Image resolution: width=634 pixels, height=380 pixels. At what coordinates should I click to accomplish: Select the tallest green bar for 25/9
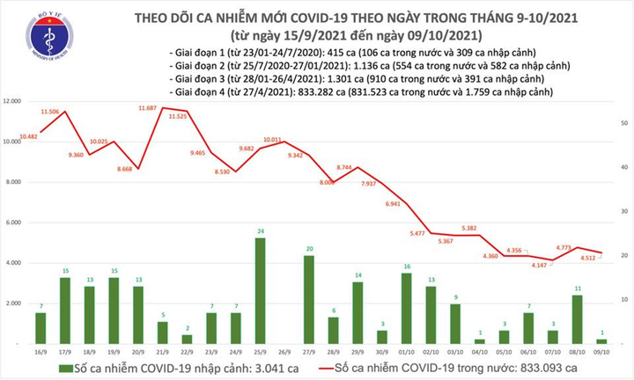pos(261,290)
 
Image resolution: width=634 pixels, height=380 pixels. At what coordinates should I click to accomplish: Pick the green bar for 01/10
pos(406,308)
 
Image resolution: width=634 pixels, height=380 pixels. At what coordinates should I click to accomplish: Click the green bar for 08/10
pos(576,318)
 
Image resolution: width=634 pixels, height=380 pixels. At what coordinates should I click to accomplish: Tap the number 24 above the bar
pos(261,232)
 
